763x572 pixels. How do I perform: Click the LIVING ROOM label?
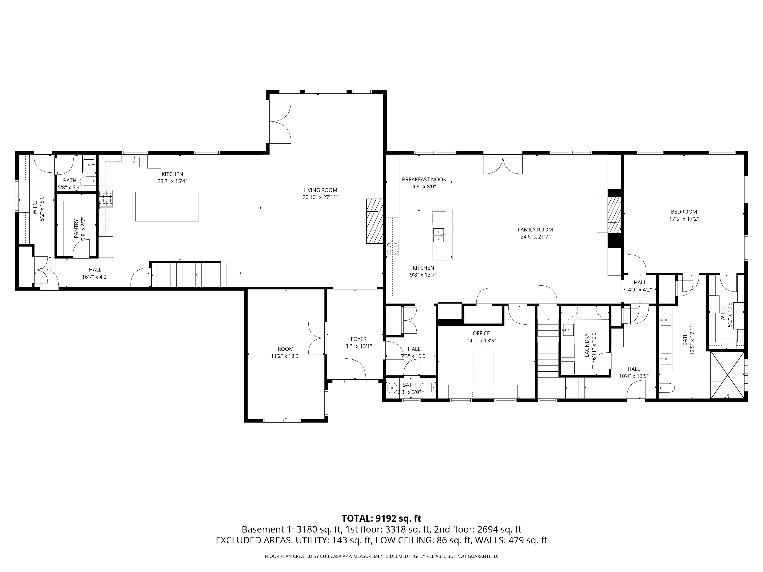[320, 190]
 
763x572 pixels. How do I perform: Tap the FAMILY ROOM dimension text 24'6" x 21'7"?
[535, 237]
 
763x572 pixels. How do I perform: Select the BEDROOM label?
[684, 212]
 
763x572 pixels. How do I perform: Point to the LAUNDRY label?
[586, 345]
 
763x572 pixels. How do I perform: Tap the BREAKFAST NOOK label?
[424, 179]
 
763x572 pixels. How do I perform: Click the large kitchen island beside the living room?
[167, 206]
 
